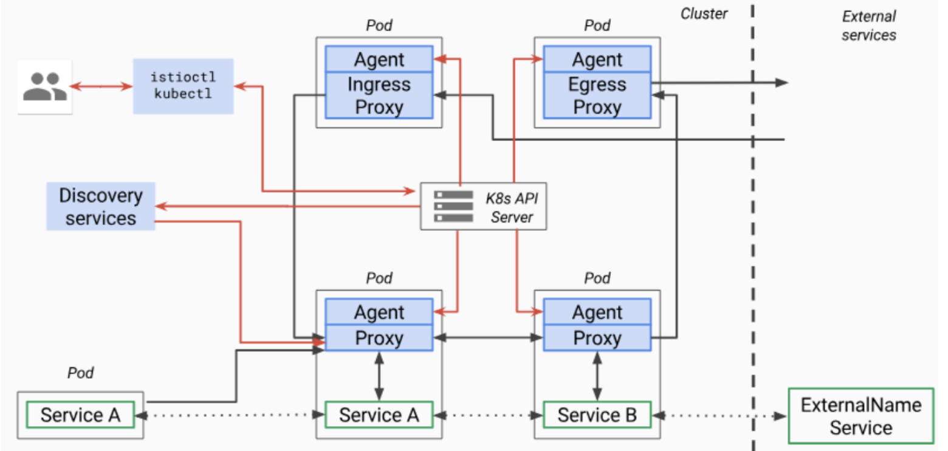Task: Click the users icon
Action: coord(44,86)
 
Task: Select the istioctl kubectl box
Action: coord(183,86)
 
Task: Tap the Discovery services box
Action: coord(100,206)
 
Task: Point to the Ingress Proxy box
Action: coord(379,95)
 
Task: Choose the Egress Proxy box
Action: coord(597,95)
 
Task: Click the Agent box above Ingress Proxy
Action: coord(379,60)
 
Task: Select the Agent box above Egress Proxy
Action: coord(597,60)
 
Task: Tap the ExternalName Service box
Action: coord(860,415)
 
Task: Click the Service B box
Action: coord(597,415)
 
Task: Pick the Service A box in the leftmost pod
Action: coord(80,415)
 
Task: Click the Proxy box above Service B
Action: coord(597,338)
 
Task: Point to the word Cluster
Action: coord(704,13)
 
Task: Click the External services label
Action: coord(868,26)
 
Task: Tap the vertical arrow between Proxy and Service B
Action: coord(597,376)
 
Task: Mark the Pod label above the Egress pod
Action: coord(597,26)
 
